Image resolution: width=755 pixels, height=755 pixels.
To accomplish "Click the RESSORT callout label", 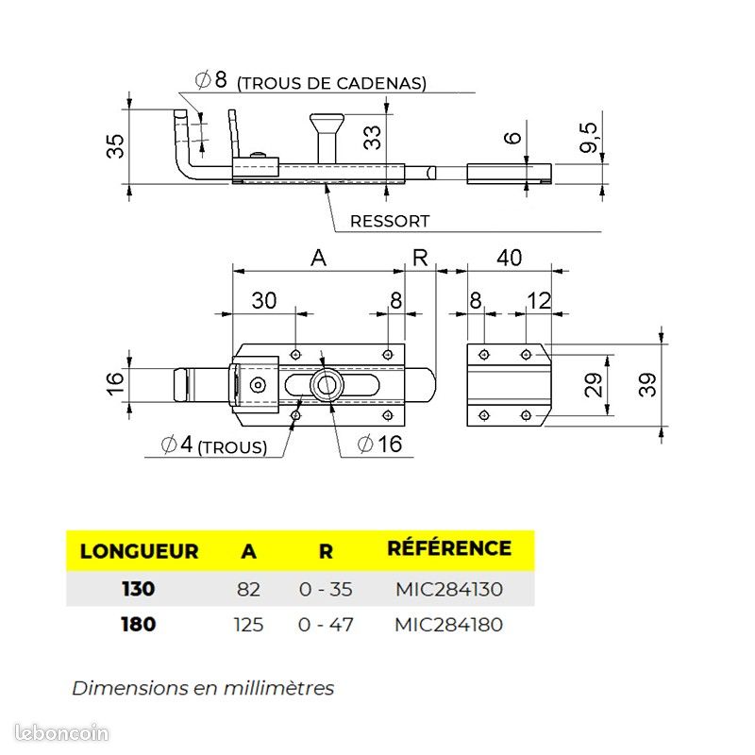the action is [390, 221].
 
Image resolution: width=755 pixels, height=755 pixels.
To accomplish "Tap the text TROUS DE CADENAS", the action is [332, 83].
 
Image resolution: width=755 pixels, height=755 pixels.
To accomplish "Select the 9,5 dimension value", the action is [589, 138].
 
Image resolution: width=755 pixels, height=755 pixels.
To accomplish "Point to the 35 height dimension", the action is [115, 146].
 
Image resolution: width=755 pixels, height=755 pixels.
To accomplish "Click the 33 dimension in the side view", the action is [373, 137].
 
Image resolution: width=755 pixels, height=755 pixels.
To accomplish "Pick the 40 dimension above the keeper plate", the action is [509, 258].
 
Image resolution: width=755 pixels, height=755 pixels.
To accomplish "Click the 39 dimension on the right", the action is [647, 385].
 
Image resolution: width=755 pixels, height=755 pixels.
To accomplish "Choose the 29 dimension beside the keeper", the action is [594, 385].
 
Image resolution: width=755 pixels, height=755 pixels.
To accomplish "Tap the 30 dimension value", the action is [264, 300].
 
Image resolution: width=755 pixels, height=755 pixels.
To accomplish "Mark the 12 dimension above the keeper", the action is [539, 301].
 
